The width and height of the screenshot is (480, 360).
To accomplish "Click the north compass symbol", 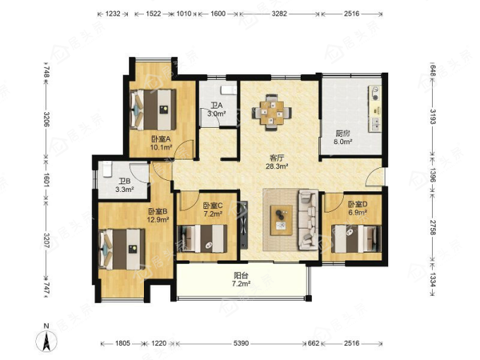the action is tap(47, 340).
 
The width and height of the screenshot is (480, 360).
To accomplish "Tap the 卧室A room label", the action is tap(161, 139).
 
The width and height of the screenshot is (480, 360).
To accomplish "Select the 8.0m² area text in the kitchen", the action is tap(342, 142).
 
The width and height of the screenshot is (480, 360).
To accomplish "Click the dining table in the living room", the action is tap(272, 112).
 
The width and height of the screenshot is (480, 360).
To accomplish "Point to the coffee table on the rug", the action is tap(282, 220).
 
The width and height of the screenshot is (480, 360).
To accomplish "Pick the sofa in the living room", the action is tap(308, 220).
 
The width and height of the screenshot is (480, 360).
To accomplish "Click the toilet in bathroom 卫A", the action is tap(229, 90).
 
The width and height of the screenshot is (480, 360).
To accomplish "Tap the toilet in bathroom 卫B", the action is tap(107, 169).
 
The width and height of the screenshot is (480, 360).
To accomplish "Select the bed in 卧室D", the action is tap(356, 239).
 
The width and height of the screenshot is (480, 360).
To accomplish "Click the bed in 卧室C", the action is tap(203, 239).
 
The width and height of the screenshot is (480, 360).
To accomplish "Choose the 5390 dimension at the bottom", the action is tap(241, 344).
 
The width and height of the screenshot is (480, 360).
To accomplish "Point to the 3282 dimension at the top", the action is tap(279, 14).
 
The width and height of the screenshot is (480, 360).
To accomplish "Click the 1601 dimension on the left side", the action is tap(47, 180).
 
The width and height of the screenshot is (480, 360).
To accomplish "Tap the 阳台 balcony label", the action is tap(241, 276).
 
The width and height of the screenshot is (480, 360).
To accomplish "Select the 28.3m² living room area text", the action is tap(277, 167).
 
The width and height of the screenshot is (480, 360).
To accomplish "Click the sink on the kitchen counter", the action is tap(376, 124).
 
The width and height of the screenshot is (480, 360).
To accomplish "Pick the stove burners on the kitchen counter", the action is tap(376, 94).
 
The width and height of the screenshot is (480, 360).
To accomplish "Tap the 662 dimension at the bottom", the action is tap(313, 344).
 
